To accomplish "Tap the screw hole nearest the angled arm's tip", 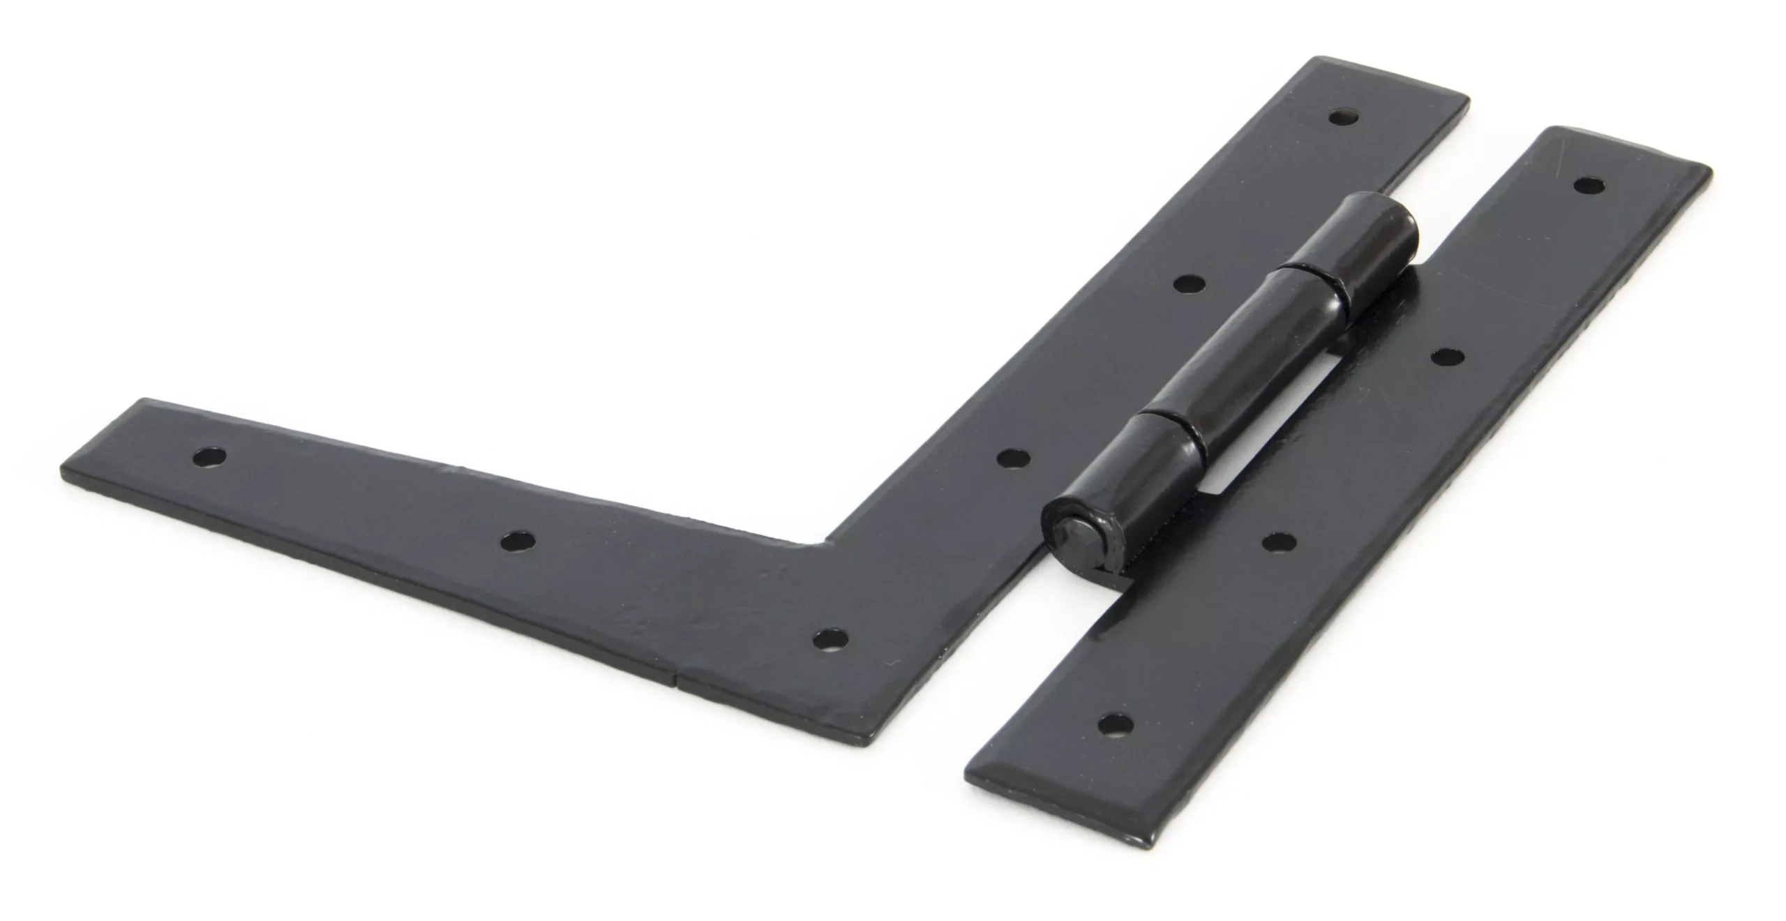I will (210, 458).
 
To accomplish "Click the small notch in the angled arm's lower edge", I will (677, 675).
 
